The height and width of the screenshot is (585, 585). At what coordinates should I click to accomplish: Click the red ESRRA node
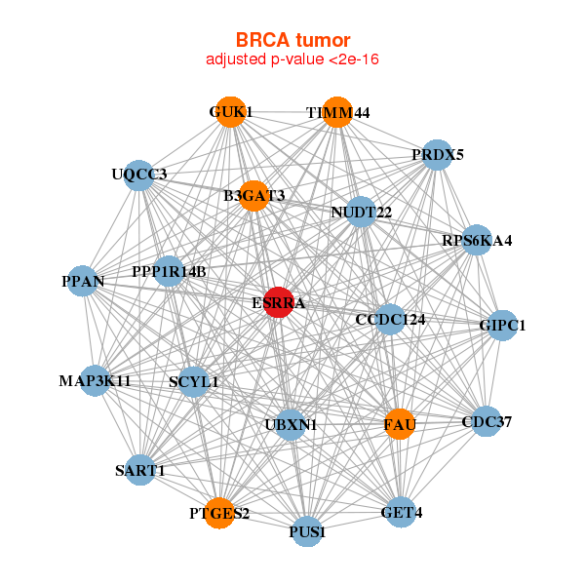point(279,302)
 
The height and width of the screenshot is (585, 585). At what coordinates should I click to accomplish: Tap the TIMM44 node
point(337,112)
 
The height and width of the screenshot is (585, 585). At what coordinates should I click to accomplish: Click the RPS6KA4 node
point(476,240)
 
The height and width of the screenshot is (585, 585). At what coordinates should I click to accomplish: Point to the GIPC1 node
point(502,326)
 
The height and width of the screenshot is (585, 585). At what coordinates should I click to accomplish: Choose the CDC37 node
point(486,421)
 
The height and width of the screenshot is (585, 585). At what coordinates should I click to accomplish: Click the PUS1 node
point(307,532)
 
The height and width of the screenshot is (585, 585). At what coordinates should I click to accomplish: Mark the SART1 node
point(140,470)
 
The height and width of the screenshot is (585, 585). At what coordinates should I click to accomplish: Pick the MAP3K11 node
point(95,380)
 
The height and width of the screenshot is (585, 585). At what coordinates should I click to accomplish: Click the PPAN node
point(83,282)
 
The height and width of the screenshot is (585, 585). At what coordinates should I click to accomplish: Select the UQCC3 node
point(139,175)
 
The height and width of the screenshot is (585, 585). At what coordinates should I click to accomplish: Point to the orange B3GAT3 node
point(253,196)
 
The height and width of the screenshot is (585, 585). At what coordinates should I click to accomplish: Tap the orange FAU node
point(400,424)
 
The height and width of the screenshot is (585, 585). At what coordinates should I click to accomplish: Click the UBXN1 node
point(291,424)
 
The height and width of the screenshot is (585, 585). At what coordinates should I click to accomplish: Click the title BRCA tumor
point(292,40)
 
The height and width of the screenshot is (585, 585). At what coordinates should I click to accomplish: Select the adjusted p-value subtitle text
point(292,59)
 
